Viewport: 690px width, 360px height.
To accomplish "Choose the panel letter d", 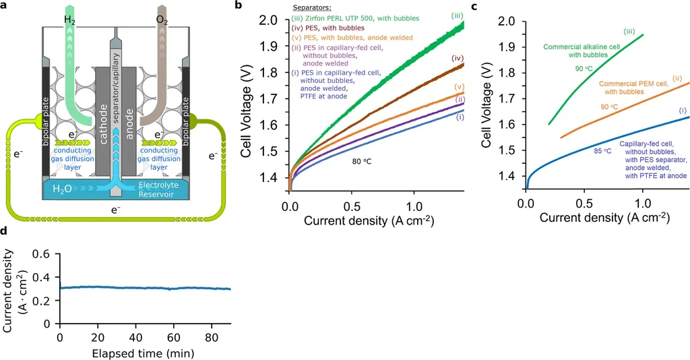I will pos(5,231).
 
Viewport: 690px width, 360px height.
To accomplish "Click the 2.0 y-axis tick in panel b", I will pos(268,20).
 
